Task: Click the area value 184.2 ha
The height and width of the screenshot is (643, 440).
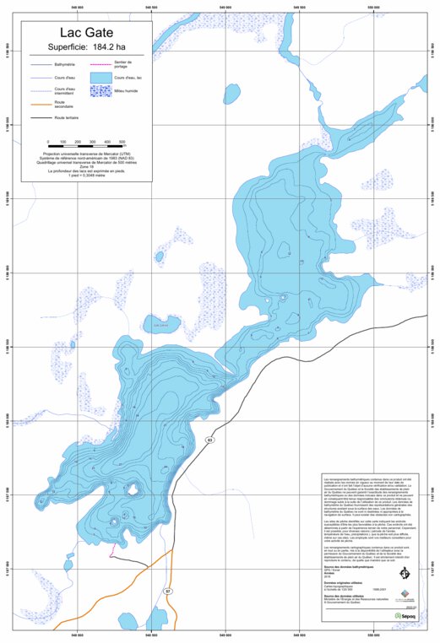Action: tap(111, 47)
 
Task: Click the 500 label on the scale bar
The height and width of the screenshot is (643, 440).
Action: tap(122, 142)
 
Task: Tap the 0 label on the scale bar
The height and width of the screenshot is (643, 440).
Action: tap(48, 142)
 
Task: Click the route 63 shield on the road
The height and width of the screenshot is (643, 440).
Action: tap(210, 440)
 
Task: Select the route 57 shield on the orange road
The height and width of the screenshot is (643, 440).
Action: tap(168, 592)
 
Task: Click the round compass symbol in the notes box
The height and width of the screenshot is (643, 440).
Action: tap(405, 575)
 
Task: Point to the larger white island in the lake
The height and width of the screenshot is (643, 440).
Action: tap(133, 489)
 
